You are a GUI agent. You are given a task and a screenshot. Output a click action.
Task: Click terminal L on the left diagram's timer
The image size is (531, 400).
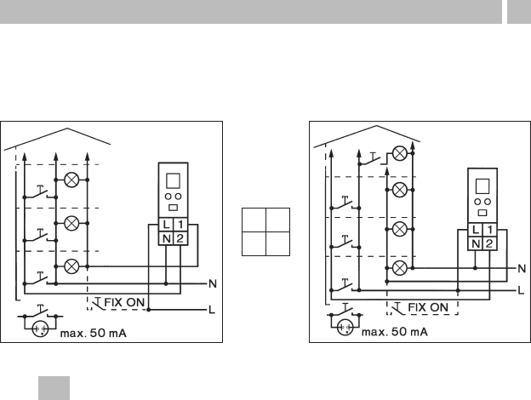[x=166, y=225]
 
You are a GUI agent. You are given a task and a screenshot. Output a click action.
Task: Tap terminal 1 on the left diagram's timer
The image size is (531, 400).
[x=180, y=225]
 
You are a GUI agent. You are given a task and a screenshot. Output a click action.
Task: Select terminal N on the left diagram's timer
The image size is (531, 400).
[x=166, y=238]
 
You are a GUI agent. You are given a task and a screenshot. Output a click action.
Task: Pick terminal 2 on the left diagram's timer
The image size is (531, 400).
[x=180, y=238]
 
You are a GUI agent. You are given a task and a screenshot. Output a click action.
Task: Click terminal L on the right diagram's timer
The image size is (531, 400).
[x=476, y=230]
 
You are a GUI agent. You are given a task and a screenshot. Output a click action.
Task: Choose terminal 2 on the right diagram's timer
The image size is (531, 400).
[x=489, y=243]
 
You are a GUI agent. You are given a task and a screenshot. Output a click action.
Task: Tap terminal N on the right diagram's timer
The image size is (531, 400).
[x=476, y=243]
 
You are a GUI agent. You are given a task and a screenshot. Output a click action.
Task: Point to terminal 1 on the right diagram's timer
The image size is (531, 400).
[x=489, y=230]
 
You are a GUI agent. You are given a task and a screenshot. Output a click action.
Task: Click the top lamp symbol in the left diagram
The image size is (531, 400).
[x=71, y=180]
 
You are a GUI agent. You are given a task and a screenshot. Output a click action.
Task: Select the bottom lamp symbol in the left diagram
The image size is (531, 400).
[x=71, y=266]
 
